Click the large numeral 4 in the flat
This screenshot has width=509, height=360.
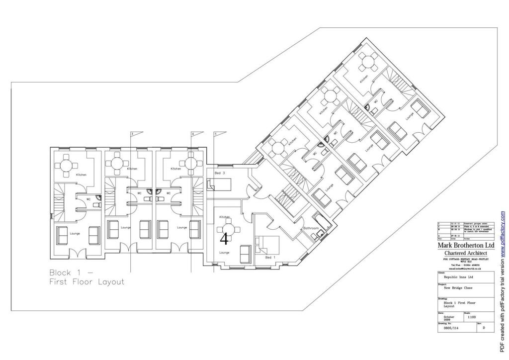coord(224,239)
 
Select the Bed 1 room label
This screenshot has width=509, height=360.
coord(270,258)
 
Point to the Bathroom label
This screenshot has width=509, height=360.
coord(311,228)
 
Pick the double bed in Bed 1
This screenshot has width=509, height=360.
coord(269,244)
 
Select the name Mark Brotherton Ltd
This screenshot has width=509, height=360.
coord(466,245)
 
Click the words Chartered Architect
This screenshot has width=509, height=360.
coord(466,253)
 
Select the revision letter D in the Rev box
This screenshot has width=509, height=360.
coord(484,328)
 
